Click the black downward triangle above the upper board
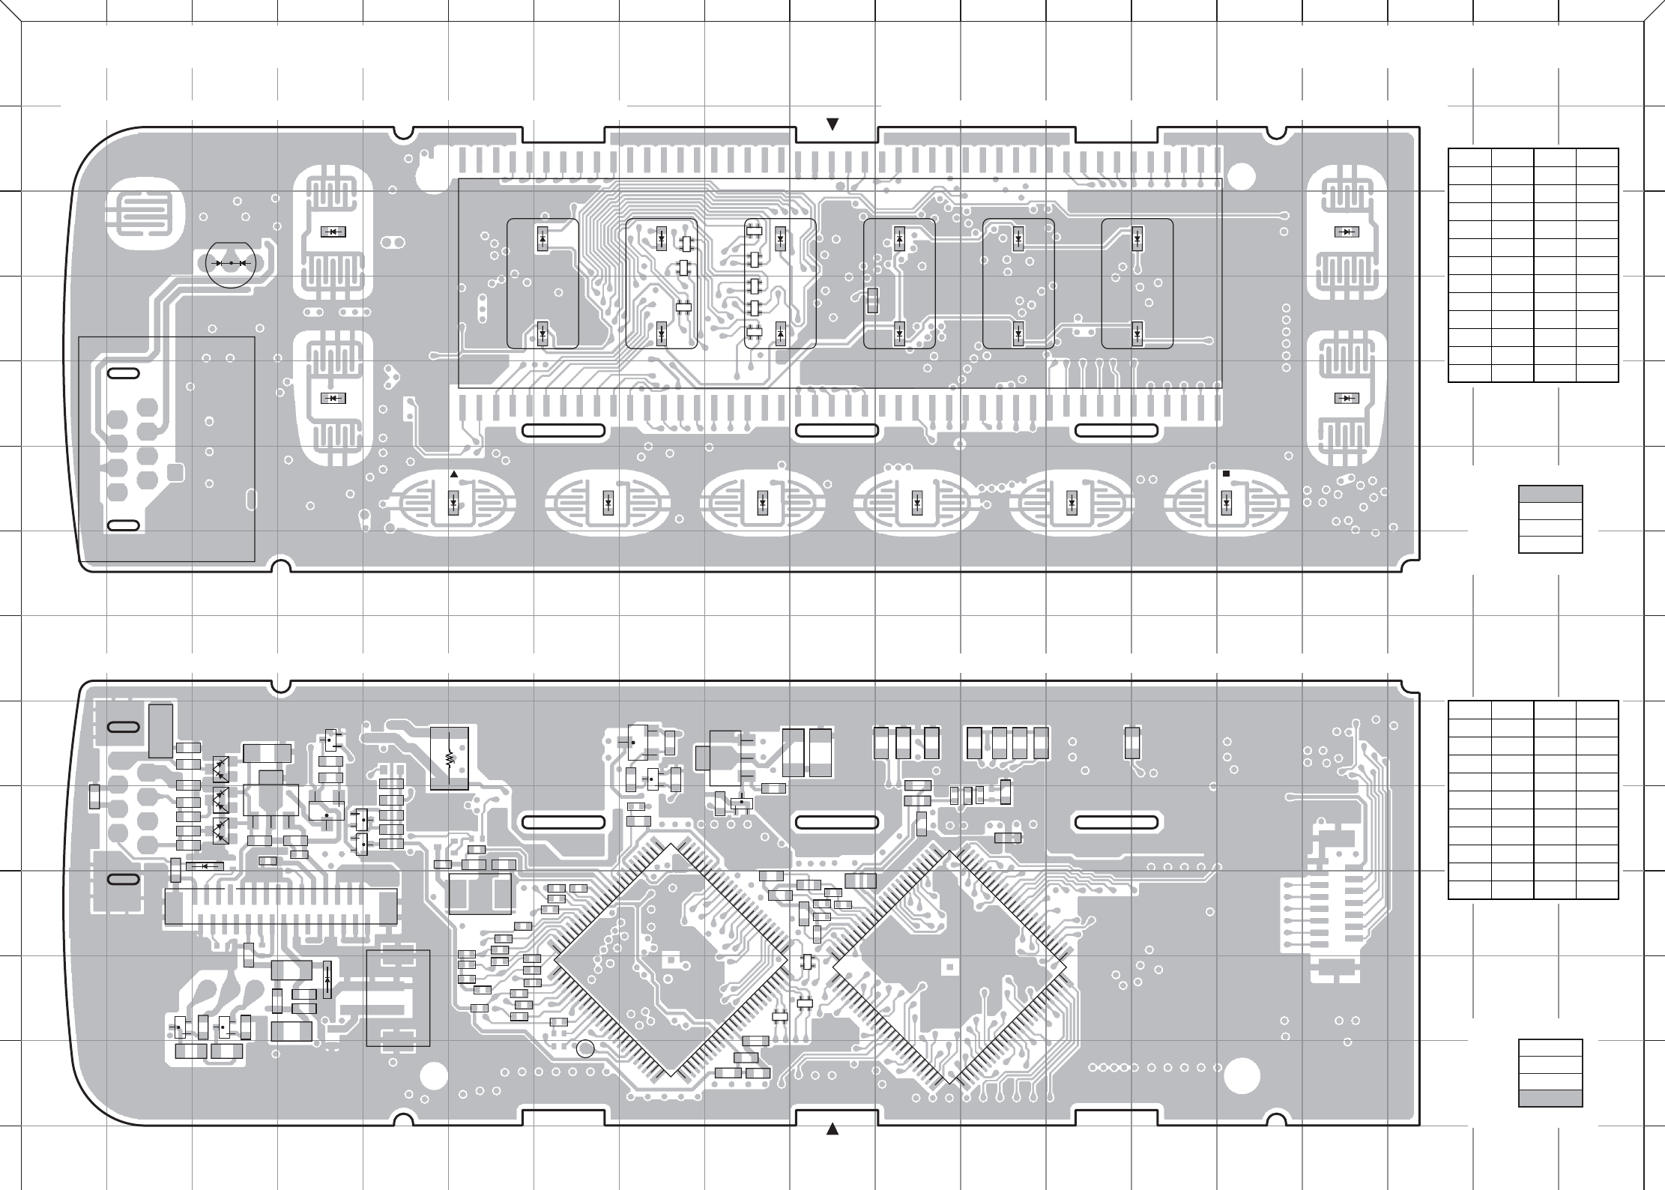pyautogui.click(x=832, y=124)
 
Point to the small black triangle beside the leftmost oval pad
pyautogui.click(x=453, y=474)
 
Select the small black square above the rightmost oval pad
pyautogui.click(x=1226, y=474)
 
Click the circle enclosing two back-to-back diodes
pyautogui.click(x=230, y=264)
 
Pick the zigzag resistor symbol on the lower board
pyautogui.click(x=450, y=758)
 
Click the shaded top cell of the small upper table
pyautogui.click(x=1550, y=494)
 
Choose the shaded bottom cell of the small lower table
pyautogui.click(x=1550, y=1098)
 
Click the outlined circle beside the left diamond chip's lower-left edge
pyautogui.click(x=586, y=1049)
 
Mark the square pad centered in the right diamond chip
pyautogui.click(x=949, y=966)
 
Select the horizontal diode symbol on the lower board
pyautogui.click(x=203, y=866)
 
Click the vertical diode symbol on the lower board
pyautogui.click(x=327, y=979)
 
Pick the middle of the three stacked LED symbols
pyautogui.click(x=220, y=798)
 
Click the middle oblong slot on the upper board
pyautogui.click(x=836, y=430)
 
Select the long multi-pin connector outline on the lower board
pyautogui.click(x=280, y=906)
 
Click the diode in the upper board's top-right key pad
pyautogui.click(x=1347, y=232)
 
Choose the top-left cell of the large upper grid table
pyautogui.click(x=1469, y=158)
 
